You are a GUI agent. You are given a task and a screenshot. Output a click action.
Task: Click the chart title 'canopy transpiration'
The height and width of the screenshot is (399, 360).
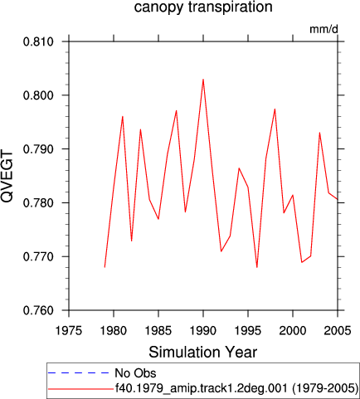point(203,7)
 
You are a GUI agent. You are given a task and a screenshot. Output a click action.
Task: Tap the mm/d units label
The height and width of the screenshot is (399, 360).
point(324,29)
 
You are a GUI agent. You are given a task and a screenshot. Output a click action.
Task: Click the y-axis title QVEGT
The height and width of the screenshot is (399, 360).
point(7,177)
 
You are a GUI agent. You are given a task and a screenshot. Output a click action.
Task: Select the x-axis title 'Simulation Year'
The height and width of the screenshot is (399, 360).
point(203,353)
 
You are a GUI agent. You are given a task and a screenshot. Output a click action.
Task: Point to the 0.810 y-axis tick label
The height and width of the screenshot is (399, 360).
point(38,42)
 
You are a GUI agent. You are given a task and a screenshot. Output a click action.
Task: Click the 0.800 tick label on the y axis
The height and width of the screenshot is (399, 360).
point(38,95)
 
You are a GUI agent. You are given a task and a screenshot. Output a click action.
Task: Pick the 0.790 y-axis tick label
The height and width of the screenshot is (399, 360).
point(38,149)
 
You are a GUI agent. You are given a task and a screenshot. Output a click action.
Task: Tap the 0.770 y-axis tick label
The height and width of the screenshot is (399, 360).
point(38,257)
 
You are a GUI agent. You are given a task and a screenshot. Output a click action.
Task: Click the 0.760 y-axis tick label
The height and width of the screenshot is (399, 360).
point(38,310)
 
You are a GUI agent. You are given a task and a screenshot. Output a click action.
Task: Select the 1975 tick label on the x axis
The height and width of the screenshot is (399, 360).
point(69,331)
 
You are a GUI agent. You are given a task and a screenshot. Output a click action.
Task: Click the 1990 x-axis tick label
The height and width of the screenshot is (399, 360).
point(203,331)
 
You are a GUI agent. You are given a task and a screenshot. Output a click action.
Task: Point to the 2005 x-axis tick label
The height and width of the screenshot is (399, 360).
point(338,331)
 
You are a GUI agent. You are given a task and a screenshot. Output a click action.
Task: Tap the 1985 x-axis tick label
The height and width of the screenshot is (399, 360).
point(158,331)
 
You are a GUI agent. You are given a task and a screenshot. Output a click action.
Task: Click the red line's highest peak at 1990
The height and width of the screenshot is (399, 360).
point(203,80)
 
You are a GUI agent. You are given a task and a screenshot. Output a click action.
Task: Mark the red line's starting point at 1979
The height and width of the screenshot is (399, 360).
point(105,267)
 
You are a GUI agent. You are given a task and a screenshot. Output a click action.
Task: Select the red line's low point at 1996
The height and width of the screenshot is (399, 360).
point(257,267)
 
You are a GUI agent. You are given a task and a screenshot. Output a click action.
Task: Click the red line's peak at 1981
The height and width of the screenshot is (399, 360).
point(123,116)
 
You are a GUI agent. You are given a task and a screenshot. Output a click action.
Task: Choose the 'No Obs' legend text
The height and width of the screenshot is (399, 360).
point(135,373)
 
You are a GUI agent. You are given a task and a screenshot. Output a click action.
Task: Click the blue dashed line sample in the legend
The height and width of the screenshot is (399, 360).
point(79,373)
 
